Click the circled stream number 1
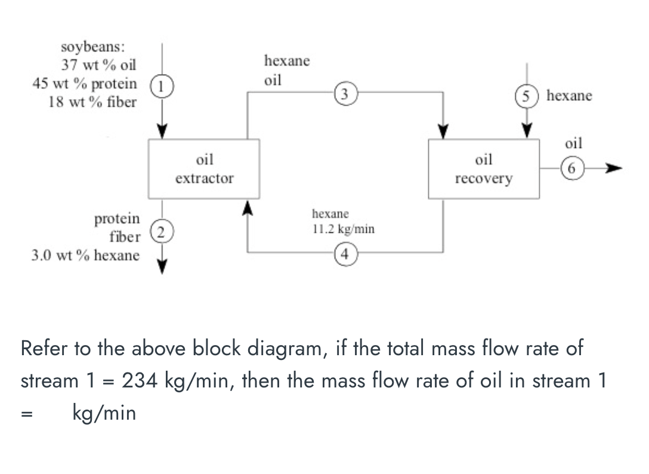(169, 85)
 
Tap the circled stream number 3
(345, 93)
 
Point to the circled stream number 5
(526, 95)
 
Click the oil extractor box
(204, 168)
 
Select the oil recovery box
(484, 168)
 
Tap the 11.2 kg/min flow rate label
(344, 229)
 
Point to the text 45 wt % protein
(84, 83)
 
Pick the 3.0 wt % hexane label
(85, 256)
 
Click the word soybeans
(89, 46)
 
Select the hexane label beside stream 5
(569, 96)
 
